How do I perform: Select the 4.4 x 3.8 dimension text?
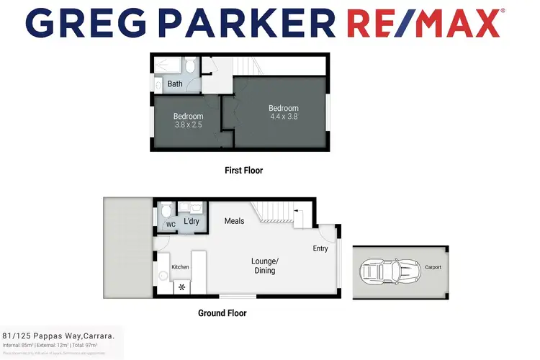[283, 117]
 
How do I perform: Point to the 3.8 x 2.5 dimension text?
[188, 125]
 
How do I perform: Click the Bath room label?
[175, 84]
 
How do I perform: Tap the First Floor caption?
[243, 171]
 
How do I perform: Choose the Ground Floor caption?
[222, 313]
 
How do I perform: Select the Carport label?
[432, 267]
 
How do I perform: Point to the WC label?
[171, 225]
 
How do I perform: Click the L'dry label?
[192, 222]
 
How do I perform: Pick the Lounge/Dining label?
[263, 266]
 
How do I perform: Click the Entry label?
[320, 248]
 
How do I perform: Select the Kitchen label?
[180, 267]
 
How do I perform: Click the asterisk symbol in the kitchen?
[181, 287]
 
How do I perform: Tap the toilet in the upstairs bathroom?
[189, 67]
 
